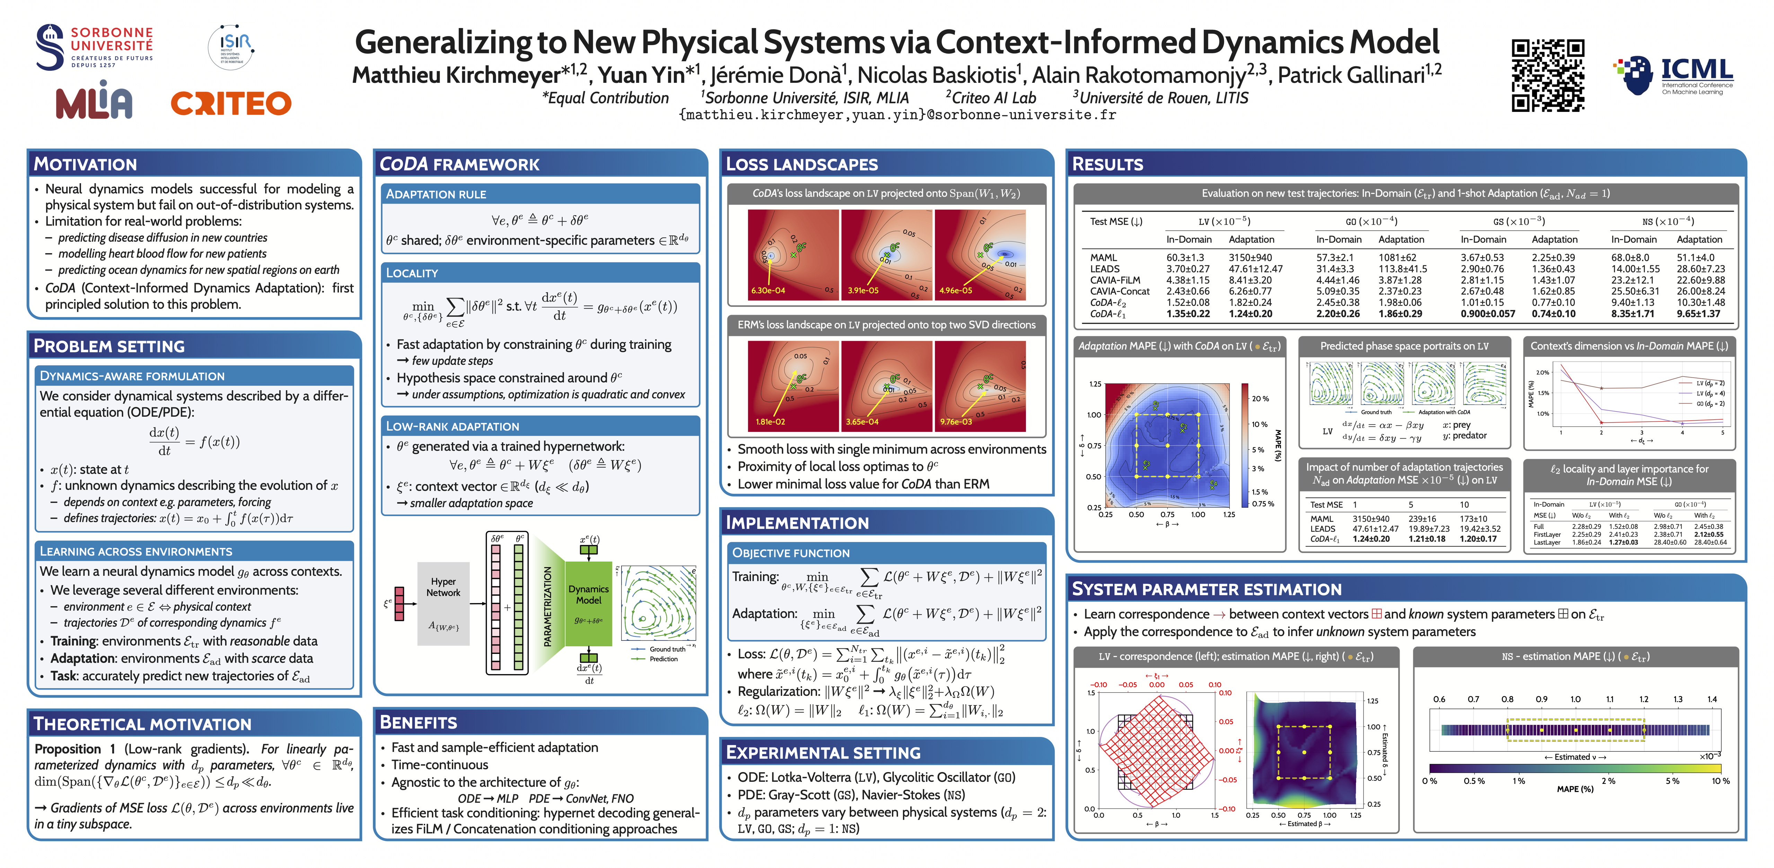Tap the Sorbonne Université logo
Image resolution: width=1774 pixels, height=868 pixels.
tap(94, 47)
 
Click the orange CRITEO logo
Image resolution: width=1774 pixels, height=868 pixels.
tap(231, 103)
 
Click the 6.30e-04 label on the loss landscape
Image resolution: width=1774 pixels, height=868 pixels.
tap(768, 291)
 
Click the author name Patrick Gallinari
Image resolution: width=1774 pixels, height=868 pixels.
tap(1351, 74)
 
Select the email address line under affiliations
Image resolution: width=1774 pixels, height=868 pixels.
tap(897, 115)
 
